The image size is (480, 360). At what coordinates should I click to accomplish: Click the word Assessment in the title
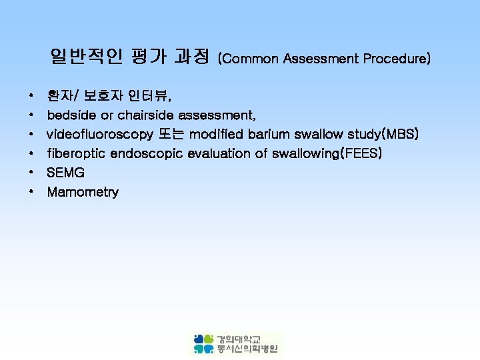point(321,59)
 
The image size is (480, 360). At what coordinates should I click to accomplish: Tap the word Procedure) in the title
point(397,59)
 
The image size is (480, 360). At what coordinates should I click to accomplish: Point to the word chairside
point(141,116)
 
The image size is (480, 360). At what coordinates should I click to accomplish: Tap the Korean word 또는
point(171,135)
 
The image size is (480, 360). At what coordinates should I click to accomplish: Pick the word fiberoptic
point(76,154)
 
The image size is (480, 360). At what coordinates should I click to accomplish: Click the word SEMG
point(65,173)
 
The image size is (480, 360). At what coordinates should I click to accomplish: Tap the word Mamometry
point(83,193)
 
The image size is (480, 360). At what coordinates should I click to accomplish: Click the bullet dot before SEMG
point(32,173)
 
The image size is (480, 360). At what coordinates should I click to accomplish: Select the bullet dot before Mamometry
point(32,193)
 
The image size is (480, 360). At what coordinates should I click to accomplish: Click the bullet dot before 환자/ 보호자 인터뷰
point(32,97)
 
